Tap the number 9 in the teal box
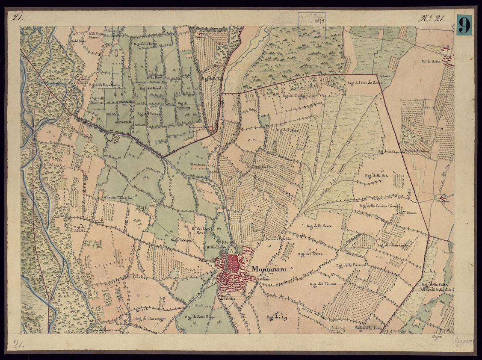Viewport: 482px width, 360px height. (x=464, y=25)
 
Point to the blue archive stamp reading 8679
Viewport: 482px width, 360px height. (x=312, y=24)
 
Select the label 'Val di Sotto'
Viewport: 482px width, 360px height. (x=432, y=62)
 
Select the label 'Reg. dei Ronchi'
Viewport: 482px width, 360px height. (x=80, y=229)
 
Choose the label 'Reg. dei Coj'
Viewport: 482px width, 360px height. (x=276, y=317)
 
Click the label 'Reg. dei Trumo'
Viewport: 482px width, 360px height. (x=323, y=283)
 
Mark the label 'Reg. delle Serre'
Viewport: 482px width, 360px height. (x=319, y=226)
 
